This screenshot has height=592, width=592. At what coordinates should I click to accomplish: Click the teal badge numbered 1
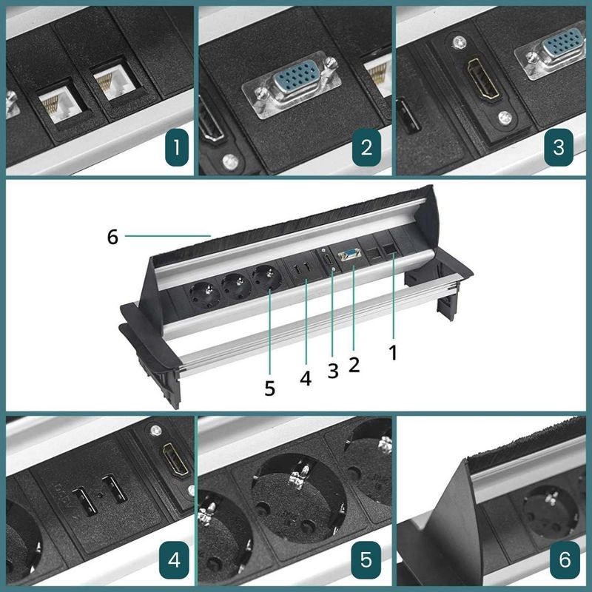177,147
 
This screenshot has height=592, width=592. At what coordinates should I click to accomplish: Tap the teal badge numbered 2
366,147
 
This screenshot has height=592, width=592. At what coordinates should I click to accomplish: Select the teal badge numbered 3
559,147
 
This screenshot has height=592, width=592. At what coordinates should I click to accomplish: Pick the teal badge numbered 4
174,560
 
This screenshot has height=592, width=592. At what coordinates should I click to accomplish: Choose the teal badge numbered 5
366,560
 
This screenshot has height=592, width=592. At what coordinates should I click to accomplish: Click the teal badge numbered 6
565,560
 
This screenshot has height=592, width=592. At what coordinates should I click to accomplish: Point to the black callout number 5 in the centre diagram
269,388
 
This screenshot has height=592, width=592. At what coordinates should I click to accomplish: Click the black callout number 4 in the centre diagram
306,378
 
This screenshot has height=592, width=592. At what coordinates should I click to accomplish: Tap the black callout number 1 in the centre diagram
394,353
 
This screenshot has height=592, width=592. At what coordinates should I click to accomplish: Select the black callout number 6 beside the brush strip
112,237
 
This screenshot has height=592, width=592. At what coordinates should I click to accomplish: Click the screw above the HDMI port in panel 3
459,41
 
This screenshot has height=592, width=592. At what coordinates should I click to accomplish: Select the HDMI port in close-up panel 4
175,460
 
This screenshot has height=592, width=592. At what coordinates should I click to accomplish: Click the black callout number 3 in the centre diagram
332,371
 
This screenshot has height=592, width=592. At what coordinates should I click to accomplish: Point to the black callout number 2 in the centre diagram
354,365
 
